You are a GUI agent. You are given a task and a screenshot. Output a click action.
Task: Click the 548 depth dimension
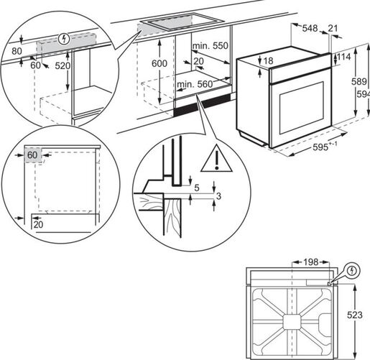[x=310, y=28]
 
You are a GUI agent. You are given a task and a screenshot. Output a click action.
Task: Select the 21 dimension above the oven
[x=332, y=28]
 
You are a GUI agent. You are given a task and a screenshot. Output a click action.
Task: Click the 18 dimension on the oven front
[x=269, y=62]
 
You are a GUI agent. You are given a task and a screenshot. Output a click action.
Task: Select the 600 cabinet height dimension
[x=159, y=63]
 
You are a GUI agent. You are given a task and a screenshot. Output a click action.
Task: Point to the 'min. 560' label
[x=194, y=85]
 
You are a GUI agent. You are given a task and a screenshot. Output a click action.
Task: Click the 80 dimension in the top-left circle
[x=17, y=51]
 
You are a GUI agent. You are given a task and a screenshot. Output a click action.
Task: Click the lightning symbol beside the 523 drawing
[x=353, y=271]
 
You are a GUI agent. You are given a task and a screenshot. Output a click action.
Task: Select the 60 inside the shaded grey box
[x=32, y=154]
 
